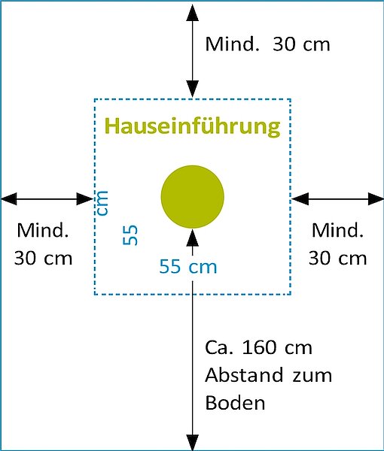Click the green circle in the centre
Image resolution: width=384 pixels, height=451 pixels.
(x=193, y=197)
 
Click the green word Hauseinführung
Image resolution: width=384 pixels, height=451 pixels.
(x=193, y=127)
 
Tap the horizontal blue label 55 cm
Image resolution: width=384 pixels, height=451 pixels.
(x=188, y=266)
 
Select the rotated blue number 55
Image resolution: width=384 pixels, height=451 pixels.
(x=130, y=235)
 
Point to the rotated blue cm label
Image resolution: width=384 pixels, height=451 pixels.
(x=102, y=202)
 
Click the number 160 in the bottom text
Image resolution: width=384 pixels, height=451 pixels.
(x=260, y=347)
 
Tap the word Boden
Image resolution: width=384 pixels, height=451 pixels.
(x=235, y=402)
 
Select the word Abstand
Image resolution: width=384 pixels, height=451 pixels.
(x=244, y=375)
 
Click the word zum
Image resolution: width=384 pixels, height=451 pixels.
(x=312, y=377)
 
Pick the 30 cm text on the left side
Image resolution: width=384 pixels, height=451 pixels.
(x=43, y=258)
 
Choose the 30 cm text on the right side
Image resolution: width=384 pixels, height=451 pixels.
(x=337, y=258)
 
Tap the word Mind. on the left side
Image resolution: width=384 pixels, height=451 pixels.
(x=43, y=230)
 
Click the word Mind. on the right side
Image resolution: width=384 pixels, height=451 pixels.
(x=337, y=230)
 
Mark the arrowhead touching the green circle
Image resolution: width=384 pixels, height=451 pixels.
(x=193, y=238)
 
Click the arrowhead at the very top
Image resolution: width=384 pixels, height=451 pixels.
(x=193, y=12)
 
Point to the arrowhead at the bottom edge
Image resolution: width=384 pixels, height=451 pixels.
(x=193, y=442)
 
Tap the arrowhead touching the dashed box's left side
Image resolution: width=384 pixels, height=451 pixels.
(x=85, y=198)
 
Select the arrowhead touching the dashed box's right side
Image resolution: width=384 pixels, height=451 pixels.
(x=300, y=198)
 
